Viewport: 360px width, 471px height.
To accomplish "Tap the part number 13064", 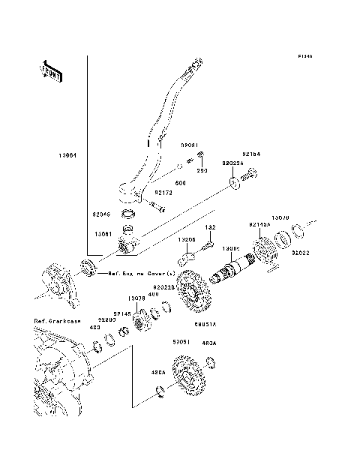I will [65, 156].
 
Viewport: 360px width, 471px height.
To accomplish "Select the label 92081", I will [189, 145].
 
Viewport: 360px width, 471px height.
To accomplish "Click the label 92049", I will [100, 214].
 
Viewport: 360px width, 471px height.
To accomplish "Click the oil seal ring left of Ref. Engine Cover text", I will [90, 265].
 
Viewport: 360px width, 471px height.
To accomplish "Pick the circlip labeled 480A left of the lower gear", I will [160, 389].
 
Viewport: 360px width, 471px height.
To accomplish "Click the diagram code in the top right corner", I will [304, 56].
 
